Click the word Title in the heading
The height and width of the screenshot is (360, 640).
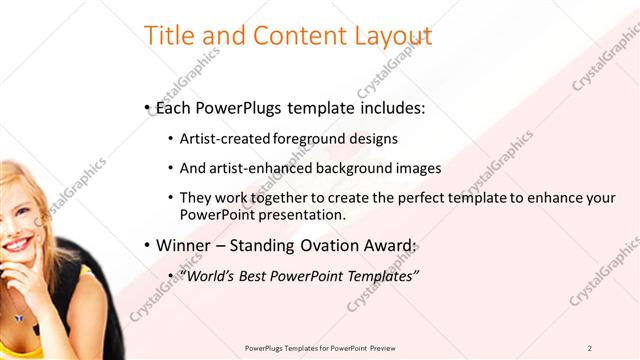point(171,36)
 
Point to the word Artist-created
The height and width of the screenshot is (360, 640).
point(222,139)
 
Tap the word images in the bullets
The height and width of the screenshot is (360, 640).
point(419,168)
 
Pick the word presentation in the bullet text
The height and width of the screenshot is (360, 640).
point(304,214)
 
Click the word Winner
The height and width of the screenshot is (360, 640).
point(185,245)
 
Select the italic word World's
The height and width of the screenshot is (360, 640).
point(207,275)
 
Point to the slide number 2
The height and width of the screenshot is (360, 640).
point(590,348)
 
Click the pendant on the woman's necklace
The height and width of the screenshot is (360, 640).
point(19,318)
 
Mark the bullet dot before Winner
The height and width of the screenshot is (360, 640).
point(147,246)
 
